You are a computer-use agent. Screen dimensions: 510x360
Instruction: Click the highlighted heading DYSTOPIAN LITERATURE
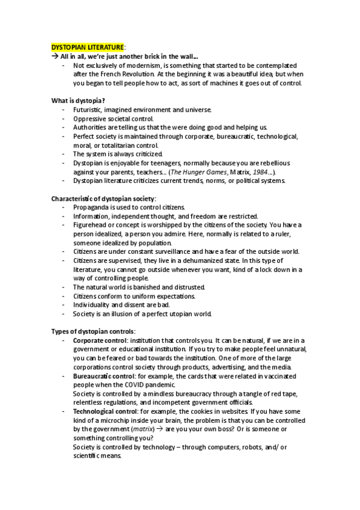tap(88, 47)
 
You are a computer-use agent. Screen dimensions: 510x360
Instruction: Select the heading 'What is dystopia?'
tap(78, 100)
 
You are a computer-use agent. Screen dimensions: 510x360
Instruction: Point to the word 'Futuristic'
tap(88, 110)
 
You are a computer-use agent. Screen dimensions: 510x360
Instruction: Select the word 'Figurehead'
tap(90, 225)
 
